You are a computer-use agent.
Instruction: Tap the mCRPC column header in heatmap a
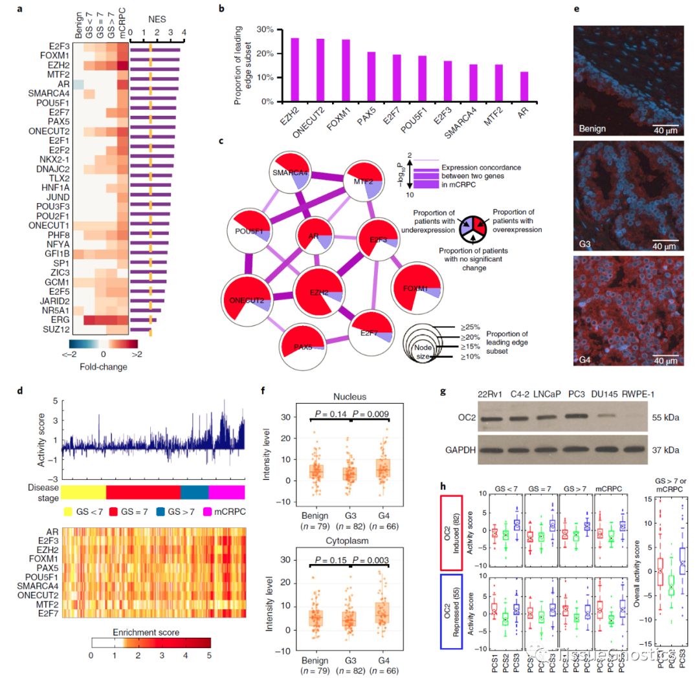coord(123,26)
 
